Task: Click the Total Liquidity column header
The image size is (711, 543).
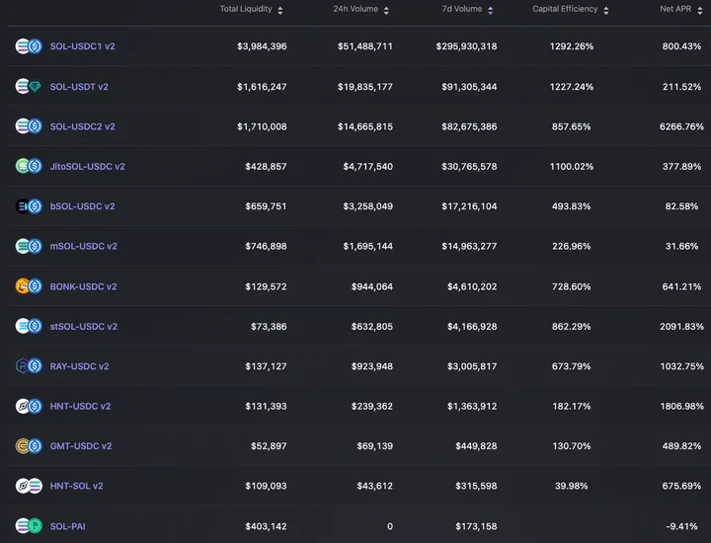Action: (246, 9)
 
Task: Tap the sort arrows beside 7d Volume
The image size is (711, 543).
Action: (490, 11)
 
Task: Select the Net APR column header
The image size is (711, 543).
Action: (675, 9)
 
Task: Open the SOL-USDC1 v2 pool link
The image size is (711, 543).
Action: (82, 46)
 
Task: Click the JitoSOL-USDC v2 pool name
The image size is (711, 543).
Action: (87, 166)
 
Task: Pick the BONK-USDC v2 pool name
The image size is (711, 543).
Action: (83, 286)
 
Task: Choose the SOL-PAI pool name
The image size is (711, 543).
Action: (67, 526)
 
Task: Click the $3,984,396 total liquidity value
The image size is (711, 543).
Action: (262, 46)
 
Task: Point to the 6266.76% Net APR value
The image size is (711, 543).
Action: (681, 126)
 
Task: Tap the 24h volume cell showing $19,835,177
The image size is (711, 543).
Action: (365, 87)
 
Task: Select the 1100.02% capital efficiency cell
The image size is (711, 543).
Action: (572, 166)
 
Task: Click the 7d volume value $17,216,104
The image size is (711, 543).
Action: (469, 206)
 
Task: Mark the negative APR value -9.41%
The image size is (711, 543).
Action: (681, 526)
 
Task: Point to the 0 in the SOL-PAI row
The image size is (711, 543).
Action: (390, 526)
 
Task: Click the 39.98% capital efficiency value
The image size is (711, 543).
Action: (572, 486)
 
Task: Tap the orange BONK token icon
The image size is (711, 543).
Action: (22, 286)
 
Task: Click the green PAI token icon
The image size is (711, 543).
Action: (35, 526)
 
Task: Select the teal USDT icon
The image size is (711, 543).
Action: (35, 86)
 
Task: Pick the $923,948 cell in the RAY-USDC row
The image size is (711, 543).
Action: (372, 366)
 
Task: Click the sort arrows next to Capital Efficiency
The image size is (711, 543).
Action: (606, 11)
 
